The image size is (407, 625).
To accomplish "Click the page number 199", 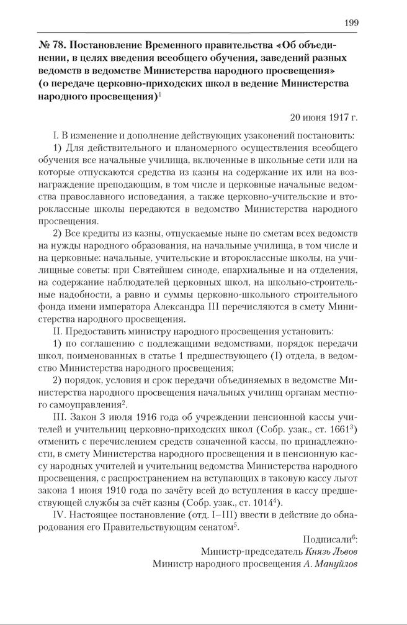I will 351,23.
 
